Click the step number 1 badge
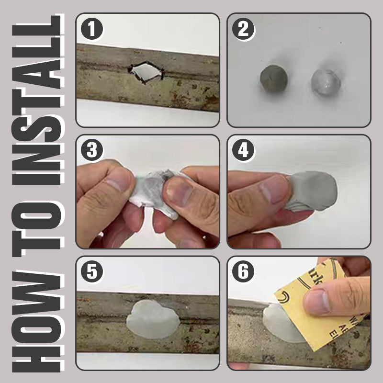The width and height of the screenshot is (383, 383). pos(92,30)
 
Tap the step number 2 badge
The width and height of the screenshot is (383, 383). pos(243,30)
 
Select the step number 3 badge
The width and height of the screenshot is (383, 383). pos(92,151)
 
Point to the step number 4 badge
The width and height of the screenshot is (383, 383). pos(243,151)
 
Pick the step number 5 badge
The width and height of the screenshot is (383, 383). pos(92,272)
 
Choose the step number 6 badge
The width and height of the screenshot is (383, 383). pos(243,272)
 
